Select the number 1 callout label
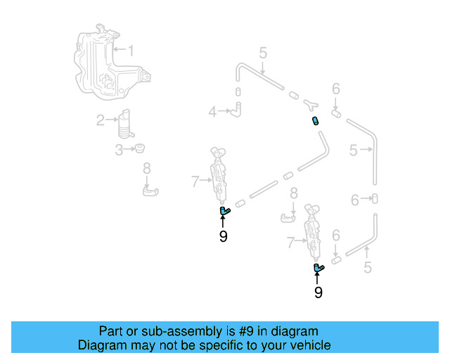(x=130, y=50)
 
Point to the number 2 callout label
(x=101, y=120)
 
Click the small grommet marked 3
(x=139, y=148)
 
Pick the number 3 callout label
(x=119, y=149)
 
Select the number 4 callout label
(x=212, y=111)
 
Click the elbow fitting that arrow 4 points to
(x=238, y=108)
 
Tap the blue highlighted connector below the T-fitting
(x=316, y=121)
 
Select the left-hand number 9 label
(x=223, y=237)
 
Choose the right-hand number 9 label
(x=318, y=292)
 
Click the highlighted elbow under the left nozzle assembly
(x=224, y=211)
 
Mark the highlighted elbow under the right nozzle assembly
(x=318, y=267)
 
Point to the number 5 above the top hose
(x=262, y=53)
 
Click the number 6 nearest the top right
(x=336, y=89)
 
